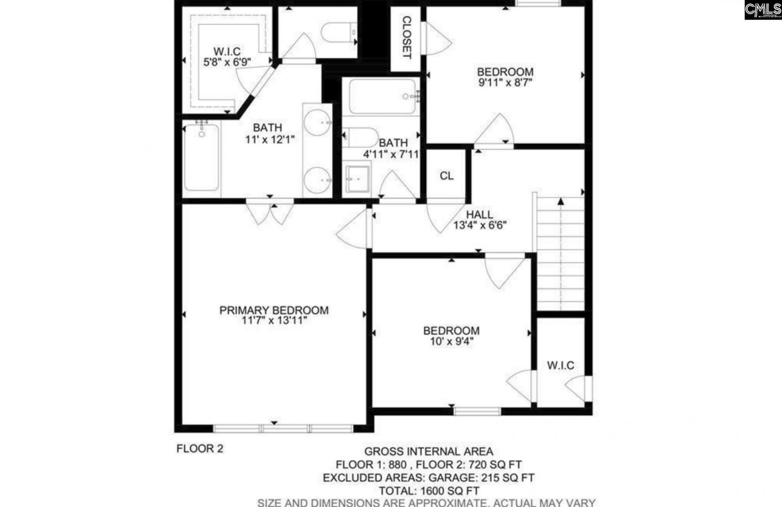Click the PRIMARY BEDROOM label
274,310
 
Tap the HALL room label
479,214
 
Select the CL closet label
446,176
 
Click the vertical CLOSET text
406,37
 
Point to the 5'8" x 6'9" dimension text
227,62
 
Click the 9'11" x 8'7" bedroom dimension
505,82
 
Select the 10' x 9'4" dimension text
451,341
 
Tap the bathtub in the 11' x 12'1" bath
201,157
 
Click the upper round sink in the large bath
317,122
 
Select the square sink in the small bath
357,179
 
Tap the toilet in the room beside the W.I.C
338,33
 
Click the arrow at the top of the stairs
561,201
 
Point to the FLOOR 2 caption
200,449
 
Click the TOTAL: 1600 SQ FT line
428,491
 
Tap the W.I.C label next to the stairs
560,365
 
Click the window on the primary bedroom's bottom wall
283,428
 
